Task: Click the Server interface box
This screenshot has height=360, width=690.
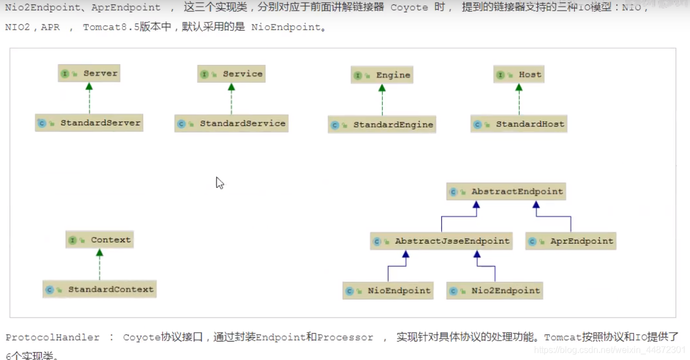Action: [89, 73]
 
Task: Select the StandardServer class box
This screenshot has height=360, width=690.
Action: [89, 123]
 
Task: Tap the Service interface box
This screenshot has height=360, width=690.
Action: [231, 74]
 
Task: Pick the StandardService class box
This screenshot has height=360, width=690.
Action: [231, 124]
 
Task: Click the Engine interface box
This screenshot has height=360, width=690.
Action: [382, 75]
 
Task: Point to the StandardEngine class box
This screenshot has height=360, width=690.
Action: [382, 125]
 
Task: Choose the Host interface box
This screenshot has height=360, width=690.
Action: [519, 74]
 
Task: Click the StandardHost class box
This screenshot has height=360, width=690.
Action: [519, 124]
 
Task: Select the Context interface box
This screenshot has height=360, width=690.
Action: [100, 240]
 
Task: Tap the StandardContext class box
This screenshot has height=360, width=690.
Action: [100, 290]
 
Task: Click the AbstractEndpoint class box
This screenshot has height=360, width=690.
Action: [507, 191]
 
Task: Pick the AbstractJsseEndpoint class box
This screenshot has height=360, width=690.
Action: [442, 241]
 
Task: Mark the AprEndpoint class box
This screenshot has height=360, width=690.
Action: [571, 241]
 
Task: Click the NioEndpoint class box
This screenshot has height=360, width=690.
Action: [388, 291]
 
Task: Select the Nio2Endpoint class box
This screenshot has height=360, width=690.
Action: [495, 291]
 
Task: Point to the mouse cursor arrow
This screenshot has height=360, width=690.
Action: [219, 182]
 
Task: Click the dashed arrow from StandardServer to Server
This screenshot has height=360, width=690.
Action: [89, 100]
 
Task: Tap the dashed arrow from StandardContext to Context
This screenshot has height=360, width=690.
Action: [100, 266]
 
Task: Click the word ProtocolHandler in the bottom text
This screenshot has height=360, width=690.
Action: [53, 338]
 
